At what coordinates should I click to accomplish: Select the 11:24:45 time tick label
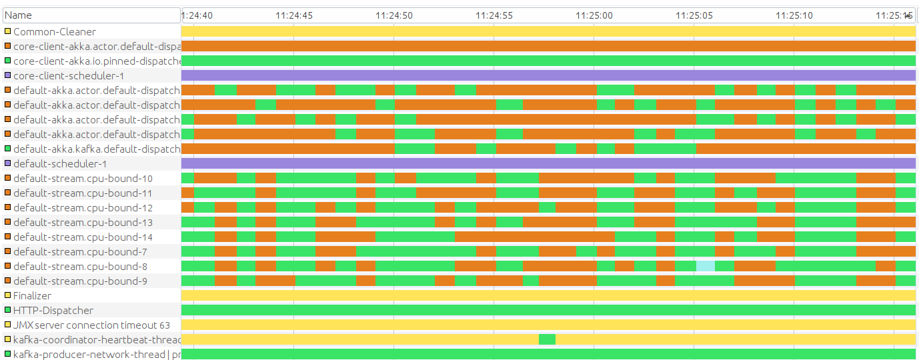pyautogui.click(x=293, y=15)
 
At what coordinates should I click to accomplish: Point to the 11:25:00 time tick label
pyautogui.click(x=594, y=15)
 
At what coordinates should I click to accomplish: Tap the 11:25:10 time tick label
pyautogui.click(x=794, y=15)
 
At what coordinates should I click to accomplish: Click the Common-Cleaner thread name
pyautogui.click(x=54, y=32)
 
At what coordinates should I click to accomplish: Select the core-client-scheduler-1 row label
pyautogui.click(x=68, y=76)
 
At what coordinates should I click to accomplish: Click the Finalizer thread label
pyautogui.click(x=32, y=296)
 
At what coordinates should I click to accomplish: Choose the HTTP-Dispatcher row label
pyautogui.click(x=53, y=311)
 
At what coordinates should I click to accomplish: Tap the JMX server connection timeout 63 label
pyautogui.click(x=91, y=325)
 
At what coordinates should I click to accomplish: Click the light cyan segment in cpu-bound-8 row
pyautogui.click(x=705, y=267)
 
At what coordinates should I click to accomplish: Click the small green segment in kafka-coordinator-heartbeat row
pyautogui.click(x=547, y=340)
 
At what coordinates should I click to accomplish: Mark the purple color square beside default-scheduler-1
pyautogui.click(x=7, y=164)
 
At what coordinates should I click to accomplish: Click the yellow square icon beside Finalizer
pyautogui.click(x=7, y=296)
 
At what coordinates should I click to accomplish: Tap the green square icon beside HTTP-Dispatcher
pyautogui.click(x=7, y=311)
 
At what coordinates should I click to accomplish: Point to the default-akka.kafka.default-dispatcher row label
pyautogui.click(x=97, y=149)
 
